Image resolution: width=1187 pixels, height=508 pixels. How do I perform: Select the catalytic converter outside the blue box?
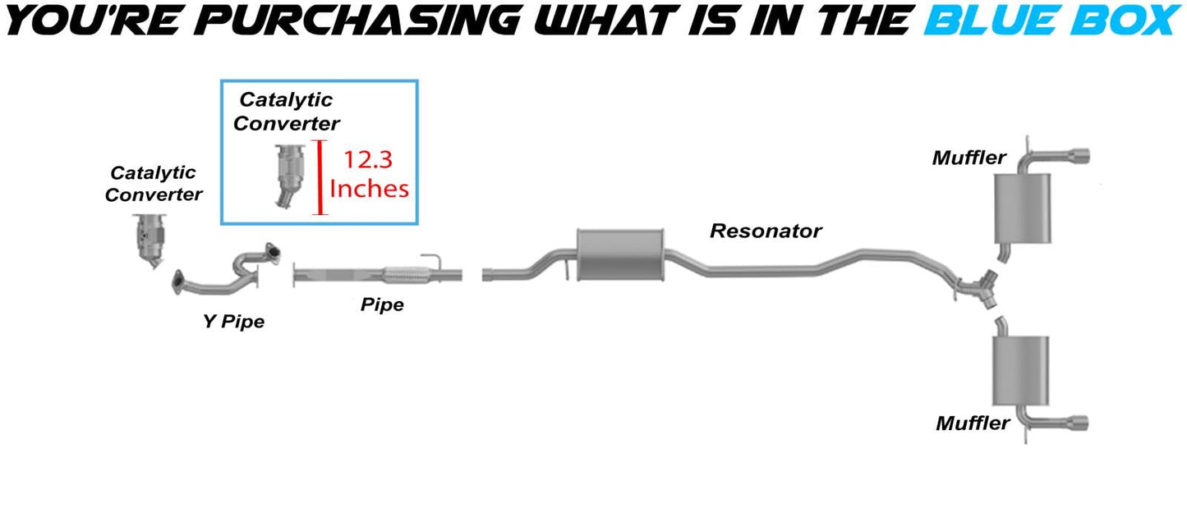[150, 241]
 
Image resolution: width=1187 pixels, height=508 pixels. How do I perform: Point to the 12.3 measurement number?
[369, 159]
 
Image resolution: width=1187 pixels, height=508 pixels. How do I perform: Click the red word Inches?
[369, 188]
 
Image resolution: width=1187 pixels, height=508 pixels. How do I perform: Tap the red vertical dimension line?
[320, 177]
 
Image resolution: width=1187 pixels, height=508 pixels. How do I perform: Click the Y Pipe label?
[234, 321]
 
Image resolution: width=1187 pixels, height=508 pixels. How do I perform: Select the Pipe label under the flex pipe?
[382, 304]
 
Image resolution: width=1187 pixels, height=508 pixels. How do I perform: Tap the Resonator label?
[765, 231]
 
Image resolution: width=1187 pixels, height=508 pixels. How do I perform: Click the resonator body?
[620, 254]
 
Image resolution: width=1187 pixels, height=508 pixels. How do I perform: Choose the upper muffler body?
[1022, 210]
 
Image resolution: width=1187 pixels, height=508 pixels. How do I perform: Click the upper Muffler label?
[969, 157]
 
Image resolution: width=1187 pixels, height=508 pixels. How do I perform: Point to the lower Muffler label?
[973, 423]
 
